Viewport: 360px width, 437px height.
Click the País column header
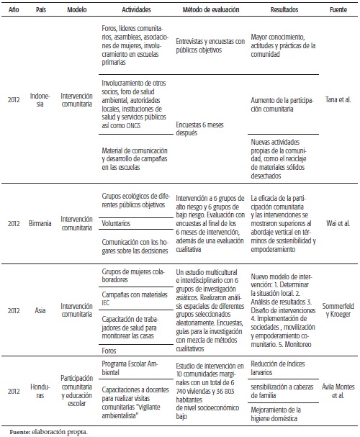pos(41,13)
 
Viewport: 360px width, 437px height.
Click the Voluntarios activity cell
pos(112,223)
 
